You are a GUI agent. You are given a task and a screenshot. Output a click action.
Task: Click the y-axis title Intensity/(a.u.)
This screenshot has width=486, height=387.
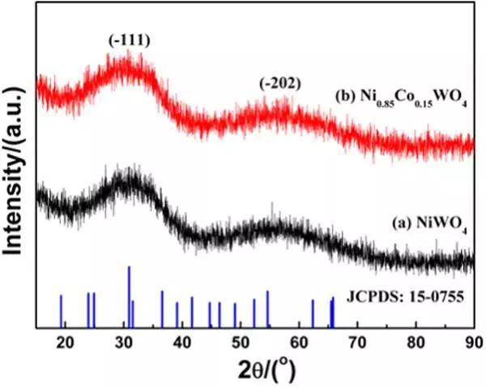[15, 162]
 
